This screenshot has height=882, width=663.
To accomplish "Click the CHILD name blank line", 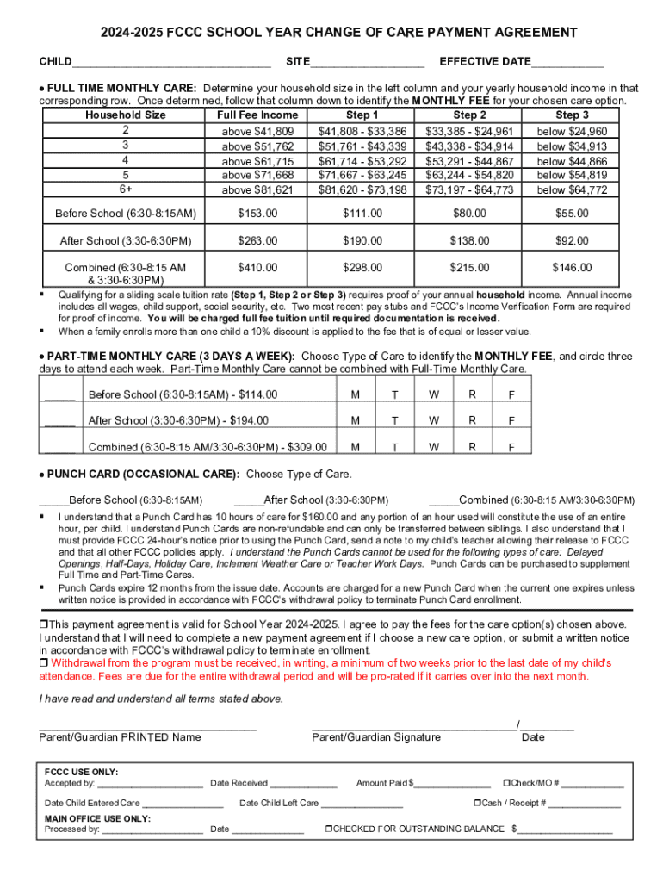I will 172,64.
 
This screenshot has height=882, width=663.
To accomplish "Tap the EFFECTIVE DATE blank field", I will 567,64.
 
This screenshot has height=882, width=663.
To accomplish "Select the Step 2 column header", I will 470,115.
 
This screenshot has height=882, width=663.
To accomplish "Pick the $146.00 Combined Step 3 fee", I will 572,268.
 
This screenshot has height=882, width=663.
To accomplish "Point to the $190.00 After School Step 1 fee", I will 362,240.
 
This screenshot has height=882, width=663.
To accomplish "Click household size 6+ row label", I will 126,189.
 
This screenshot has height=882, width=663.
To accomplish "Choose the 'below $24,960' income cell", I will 572,131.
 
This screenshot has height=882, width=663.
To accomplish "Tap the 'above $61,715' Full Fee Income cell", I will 258,161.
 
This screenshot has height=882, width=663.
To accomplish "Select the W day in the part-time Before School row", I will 434,394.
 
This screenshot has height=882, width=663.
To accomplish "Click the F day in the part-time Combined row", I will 511,447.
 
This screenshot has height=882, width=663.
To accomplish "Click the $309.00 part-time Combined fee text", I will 306,447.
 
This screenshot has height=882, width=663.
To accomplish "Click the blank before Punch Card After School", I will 249,500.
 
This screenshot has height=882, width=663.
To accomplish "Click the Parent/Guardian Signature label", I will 376,736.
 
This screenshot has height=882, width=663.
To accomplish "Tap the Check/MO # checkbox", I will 505,783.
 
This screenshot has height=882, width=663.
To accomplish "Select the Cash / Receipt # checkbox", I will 476,803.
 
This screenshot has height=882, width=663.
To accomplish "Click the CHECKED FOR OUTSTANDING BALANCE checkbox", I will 328,829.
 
